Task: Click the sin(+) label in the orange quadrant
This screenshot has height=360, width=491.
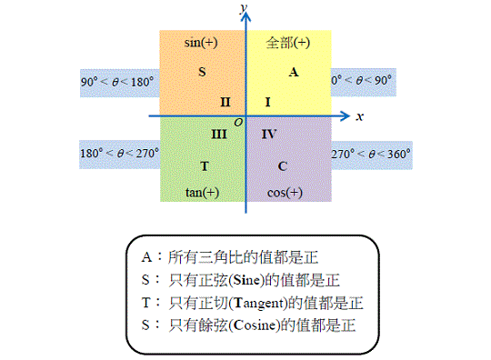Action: click(x=201, y=43)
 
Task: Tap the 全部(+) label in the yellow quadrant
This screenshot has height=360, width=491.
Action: click(x=288, y=43)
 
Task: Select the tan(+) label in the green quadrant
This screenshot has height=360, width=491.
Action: click(x=202, y=192)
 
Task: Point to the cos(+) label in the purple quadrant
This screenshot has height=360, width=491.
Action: click(x=285, y=193)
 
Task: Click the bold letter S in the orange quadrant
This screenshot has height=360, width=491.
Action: click(x=202, y=72)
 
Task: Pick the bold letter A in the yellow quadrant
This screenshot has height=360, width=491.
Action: click(x=294, y=73)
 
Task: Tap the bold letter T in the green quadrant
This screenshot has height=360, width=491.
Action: click(x=205, y=166)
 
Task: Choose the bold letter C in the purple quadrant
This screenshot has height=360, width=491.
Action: click(x=283, y=166)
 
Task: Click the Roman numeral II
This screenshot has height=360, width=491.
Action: click(x=225, y=102)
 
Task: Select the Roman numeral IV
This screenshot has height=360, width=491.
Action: click(x=269, y=135)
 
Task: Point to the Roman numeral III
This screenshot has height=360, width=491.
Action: click(x=219, y=135)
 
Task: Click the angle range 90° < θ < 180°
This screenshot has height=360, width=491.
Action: click(x=117, y=82)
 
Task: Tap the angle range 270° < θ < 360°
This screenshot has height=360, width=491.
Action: click(x=371, y=154)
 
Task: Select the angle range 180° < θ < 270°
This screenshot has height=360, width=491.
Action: click(x=120, y=154)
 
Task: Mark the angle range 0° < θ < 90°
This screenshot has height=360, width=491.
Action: click(x=361, y=80)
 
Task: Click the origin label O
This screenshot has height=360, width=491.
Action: click(x=238, y=123)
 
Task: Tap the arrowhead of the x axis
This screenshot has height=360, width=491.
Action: click(x=346, y=116)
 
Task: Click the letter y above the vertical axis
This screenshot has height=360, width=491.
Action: click(x=244, y=7)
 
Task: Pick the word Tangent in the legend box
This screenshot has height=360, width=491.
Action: click(x=258, y=303)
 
